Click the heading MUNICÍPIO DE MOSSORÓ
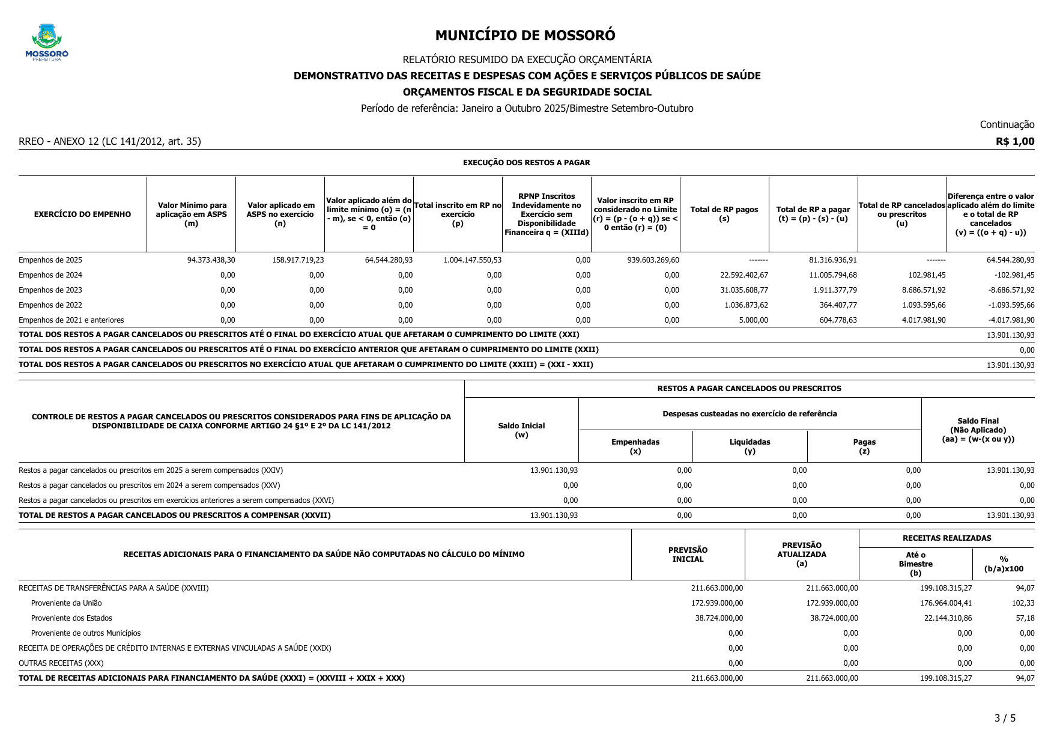pyautogui.click(x=525, y=35)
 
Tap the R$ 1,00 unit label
pyautogui.click(x=1015, y=142)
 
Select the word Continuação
pyautogui.click(x=1007, y=125)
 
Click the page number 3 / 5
pyautogui.click(x=1005, y=718)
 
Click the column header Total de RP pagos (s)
pyautogui.click(x=724, y=214)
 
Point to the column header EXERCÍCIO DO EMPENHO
pyautogui.click(x=82, y=214)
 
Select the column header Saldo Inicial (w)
pyautogui.click(x=521, y=430)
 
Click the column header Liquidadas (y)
pyautogui.click(x=750, y=446)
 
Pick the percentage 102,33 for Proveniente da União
pyautogui.click(x=1023, y=603)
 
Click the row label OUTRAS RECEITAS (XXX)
pyautogui.click(x=61, y=663)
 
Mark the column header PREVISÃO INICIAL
pyautogui.click(x=688, y=555)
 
